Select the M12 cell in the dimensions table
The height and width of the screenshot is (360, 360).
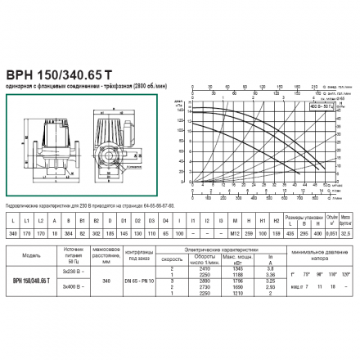tap(221, 232)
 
